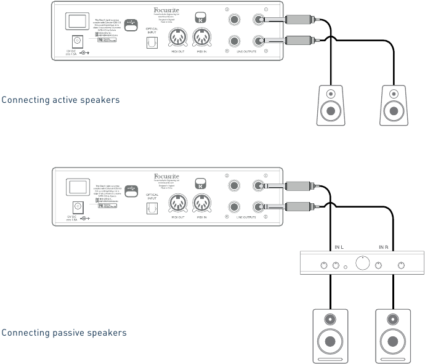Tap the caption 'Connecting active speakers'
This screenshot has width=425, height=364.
click(60, 99)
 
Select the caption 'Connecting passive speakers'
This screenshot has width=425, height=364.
click(64, 333)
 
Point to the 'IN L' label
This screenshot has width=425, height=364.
click(339, 247)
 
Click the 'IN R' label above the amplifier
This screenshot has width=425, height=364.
click(383, 247)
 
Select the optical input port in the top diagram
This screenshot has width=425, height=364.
click(151, 42)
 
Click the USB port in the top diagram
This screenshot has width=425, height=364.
click(131, 25)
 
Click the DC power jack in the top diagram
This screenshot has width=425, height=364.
click(79, 41)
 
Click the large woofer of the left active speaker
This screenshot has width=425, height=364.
click(331, 111)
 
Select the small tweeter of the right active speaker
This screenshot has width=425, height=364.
click(392, 94)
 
